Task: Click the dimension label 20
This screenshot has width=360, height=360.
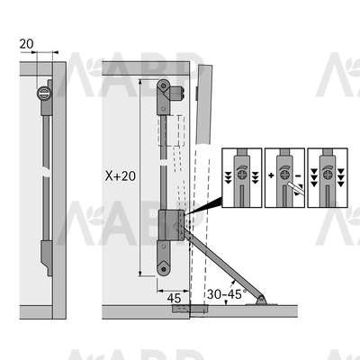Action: click(26, 44)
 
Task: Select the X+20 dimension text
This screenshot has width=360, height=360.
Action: click(121, 175)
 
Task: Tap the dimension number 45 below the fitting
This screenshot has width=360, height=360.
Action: click(174, 298)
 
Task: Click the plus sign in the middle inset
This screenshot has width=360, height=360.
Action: click(271, 175)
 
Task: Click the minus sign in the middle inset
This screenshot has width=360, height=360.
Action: click(298, 175)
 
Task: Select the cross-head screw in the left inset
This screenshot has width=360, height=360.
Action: click(242, 175)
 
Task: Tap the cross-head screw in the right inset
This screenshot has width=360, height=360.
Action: click(328, 175)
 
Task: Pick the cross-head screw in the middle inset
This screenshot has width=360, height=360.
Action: click(284, 175)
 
